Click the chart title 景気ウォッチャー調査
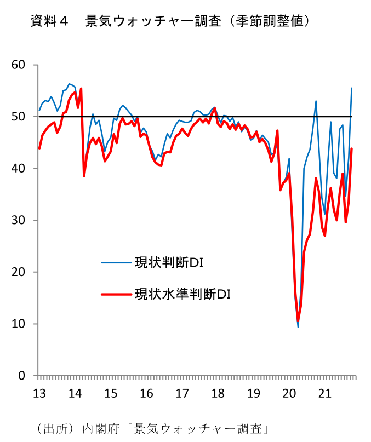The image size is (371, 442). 153,21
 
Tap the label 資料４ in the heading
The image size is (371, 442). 49,21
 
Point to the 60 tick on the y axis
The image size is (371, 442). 18,65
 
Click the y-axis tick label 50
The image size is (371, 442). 18,117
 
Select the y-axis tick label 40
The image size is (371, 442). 18,168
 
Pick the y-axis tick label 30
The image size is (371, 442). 18,220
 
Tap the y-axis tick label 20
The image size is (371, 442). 18,272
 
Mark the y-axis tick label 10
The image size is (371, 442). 18,324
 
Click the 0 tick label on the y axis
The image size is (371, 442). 22,376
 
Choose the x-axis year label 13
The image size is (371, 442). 39,393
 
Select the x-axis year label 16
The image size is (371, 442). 146,393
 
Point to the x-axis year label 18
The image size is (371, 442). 218,393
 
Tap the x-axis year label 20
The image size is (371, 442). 289,393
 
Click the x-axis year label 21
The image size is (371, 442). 325,393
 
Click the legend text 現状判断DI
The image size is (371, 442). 169,263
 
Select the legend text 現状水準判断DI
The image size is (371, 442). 182,294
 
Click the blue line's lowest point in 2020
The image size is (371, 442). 298,327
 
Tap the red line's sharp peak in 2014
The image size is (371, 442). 81,89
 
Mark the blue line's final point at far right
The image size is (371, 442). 351,88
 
